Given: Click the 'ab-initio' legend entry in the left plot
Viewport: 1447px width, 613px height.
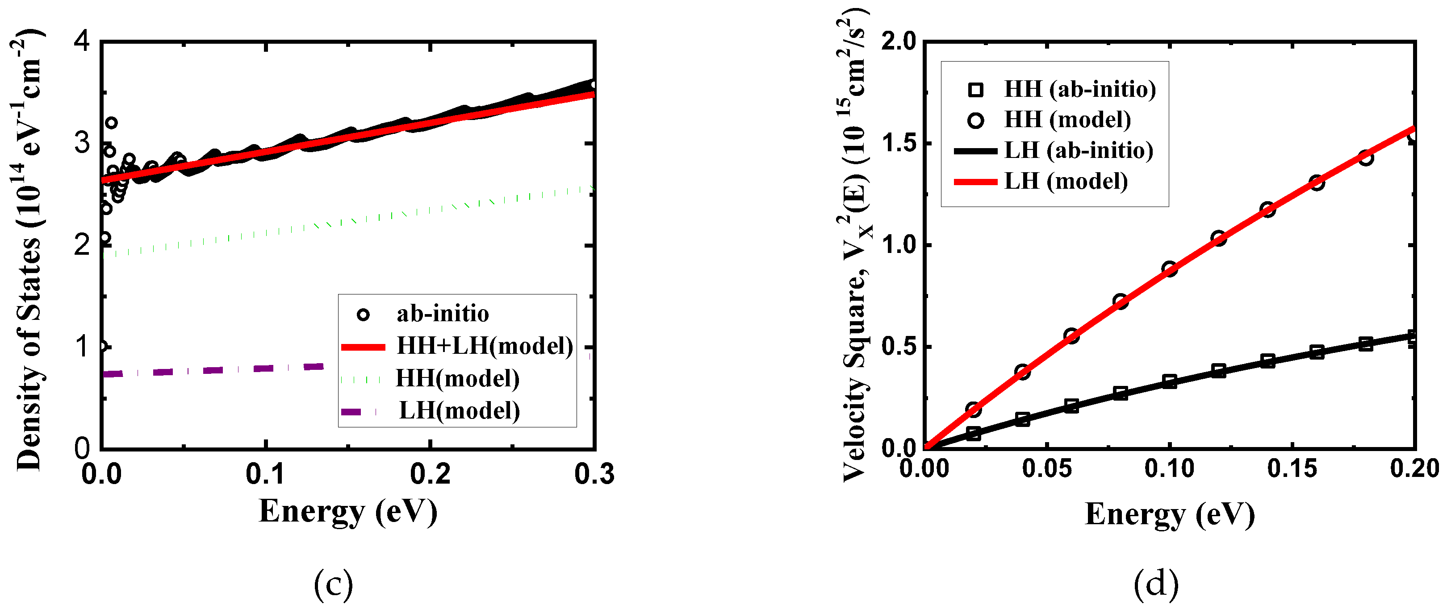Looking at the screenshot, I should tap(442, 314).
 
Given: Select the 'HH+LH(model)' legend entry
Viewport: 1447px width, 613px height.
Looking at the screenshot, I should tap(484, 346).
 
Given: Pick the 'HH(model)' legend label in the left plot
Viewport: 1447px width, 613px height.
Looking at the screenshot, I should tap(457, 379).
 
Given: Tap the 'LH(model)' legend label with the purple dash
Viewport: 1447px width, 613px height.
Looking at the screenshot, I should tap(459, 411).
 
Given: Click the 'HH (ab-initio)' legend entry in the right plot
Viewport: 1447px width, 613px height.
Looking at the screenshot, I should tap(1079, 89).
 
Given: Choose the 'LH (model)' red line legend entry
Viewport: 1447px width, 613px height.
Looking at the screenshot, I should tap(1065, 181).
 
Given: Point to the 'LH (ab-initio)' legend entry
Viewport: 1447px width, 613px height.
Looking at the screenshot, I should tap(1078, 150).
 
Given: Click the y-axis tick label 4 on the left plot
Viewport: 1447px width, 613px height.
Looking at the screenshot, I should tap(82, 41).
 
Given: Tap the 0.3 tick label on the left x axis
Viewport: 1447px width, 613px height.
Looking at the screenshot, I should tap(594, 474).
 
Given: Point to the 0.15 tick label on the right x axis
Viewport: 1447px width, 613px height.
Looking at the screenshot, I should tap(1292, 468).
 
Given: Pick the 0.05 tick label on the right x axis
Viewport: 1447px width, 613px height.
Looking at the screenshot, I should tap(1046, 468).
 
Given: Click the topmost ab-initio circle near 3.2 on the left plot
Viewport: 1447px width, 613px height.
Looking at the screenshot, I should tap(111, 122).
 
